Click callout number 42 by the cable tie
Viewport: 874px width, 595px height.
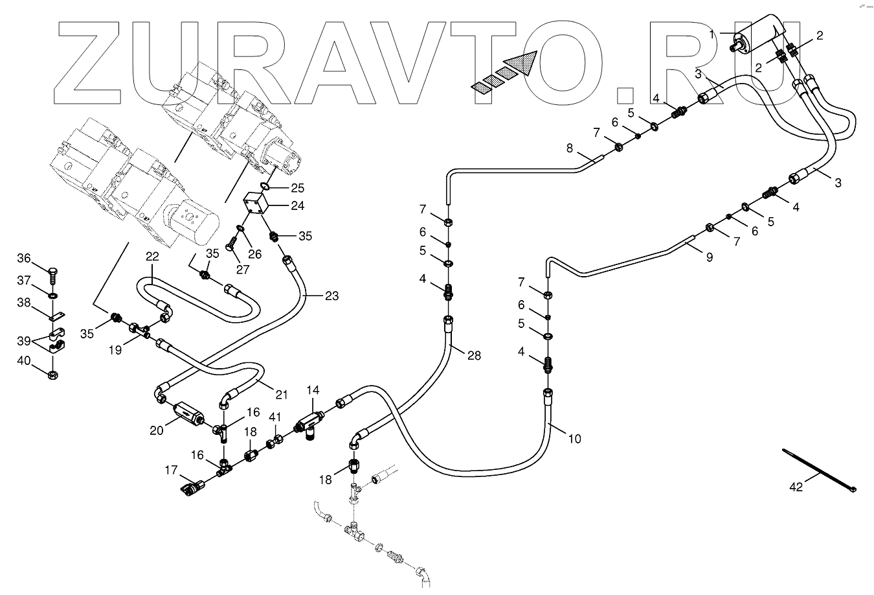[x=796, y=487]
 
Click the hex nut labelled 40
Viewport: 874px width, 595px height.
[x=54, y=375]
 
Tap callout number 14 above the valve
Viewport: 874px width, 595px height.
[x=313, y=390]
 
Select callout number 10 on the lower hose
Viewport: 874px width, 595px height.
[x=574, y=439]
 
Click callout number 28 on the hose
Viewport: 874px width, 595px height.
[x=475, y=355]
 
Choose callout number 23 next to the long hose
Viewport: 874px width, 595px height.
[x=331, y=296]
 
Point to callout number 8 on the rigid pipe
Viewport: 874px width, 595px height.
[x=570, y=148]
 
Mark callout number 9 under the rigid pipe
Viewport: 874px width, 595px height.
[x=710, y=257]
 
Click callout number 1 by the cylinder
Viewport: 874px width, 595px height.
[x=713, y=34]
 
